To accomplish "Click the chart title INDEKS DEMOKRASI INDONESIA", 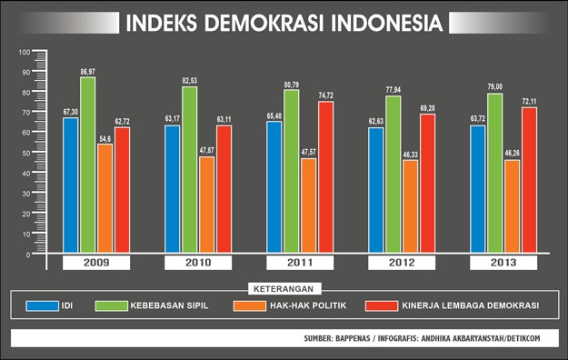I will pos(284,21).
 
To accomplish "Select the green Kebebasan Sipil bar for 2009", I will pos(87,164).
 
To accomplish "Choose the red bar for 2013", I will pos(529,179).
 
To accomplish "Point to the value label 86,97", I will pos(88,71).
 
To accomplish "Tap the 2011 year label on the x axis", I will pos(300,263).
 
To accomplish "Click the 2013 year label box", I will pos(503,263).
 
